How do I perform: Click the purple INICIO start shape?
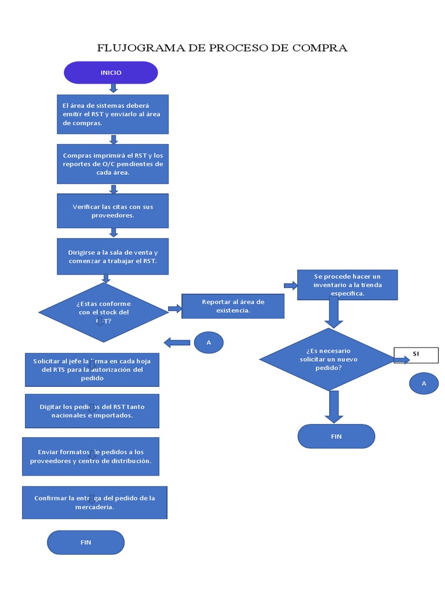point(111,73)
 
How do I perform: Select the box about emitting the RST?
point(112,114)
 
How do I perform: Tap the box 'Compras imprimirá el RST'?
point(112,164)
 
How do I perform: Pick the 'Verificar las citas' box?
point(112,211)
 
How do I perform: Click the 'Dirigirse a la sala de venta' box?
point(112,257)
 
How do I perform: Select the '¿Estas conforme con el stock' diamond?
point(103,312)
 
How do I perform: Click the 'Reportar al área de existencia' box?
point(233,306)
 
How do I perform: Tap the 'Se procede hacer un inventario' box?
point(347,285)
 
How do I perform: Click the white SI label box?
point(416,354)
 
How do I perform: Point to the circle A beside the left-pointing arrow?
point(209,342)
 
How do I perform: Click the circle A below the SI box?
point(424,383)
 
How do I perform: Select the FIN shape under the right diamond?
point(336,436)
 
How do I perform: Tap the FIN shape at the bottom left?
point(86,543)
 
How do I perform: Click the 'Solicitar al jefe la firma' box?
point(92,370)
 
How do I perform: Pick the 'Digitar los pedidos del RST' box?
point(92,411)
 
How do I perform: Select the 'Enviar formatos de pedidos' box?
point(90,456)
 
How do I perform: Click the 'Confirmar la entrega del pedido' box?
point(94,502)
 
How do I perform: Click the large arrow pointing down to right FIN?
point(334,406)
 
